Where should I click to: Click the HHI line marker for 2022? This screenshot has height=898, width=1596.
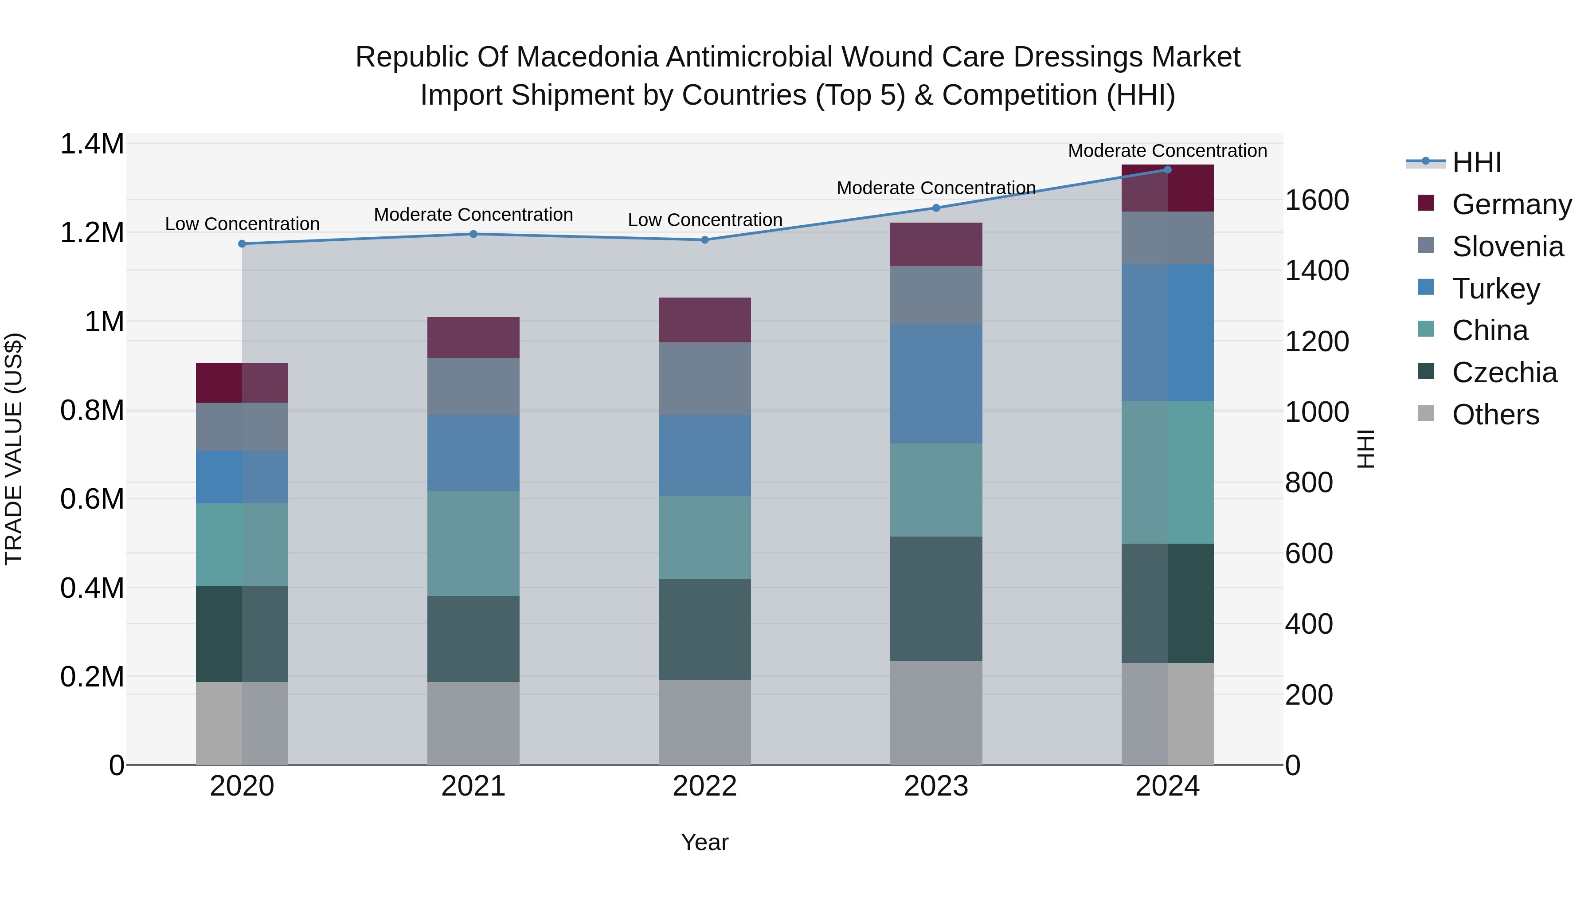(704, 240)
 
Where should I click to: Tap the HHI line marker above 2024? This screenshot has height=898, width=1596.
(1167, 170)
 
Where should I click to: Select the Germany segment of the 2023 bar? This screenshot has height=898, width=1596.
(935, 244)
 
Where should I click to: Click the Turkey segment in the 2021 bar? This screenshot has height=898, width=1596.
(473, 453)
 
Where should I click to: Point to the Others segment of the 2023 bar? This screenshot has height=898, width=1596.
(935, 713)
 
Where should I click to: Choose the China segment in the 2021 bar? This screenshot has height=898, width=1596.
(473, 544)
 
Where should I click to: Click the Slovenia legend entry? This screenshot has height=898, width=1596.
(1507, 247)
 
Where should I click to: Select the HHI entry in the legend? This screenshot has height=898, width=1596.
(1476, 162)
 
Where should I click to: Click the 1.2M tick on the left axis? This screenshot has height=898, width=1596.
(92, 233)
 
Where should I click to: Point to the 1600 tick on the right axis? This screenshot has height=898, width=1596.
(1317, 200)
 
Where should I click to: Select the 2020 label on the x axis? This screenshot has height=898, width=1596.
(242, 786)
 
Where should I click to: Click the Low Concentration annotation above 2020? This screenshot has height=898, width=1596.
(242, 224)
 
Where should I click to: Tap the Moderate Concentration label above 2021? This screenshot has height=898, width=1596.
(473, 215)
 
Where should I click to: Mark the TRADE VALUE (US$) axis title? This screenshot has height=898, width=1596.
(14, 449)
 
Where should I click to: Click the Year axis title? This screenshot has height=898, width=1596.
(704, 842)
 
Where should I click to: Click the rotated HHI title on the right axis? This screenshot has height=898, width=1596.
(1365, 449)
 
